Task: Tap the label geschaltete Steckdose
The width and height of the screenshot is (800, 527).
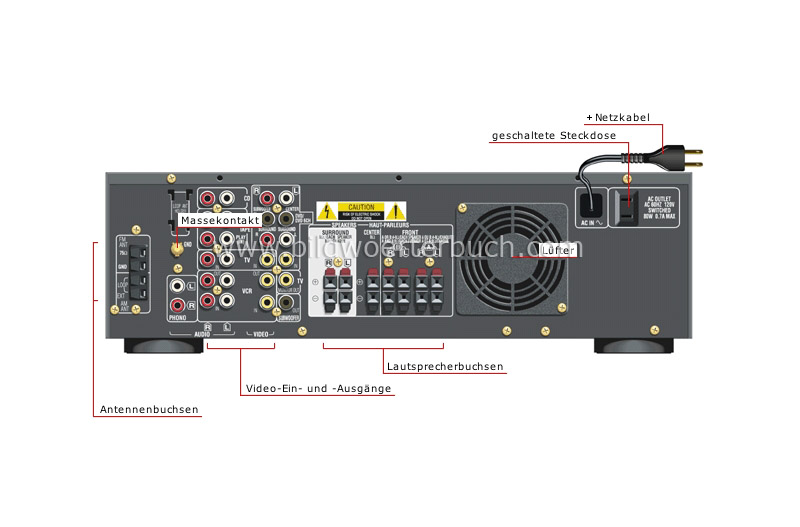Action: point(553,136)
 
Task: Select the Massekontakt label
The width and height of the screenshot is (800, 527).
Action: point(220,219)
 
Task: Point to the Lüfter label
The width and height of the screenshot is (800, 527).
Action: point(557,250)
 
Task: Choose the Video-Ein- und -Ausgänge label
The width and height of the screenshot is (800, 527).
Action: point(319,388)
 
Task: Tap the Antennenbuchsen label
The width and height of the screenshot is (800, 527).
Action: point(149,409)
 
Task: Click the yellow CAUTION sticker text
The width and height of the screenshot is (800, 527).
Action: point(361,207)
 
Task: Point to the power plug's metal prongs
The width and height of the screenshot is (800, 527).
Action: point(690,158)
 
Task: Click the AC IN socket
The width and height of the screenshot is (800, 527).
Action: point(591,203)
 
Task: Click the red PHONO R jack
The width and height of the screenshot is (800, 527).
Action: point(178,304)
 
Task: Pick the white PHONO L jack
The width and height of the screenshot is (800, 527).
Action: point(178,286)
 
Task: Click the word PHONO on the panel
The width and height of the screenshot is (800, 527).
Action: point(177,318)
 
